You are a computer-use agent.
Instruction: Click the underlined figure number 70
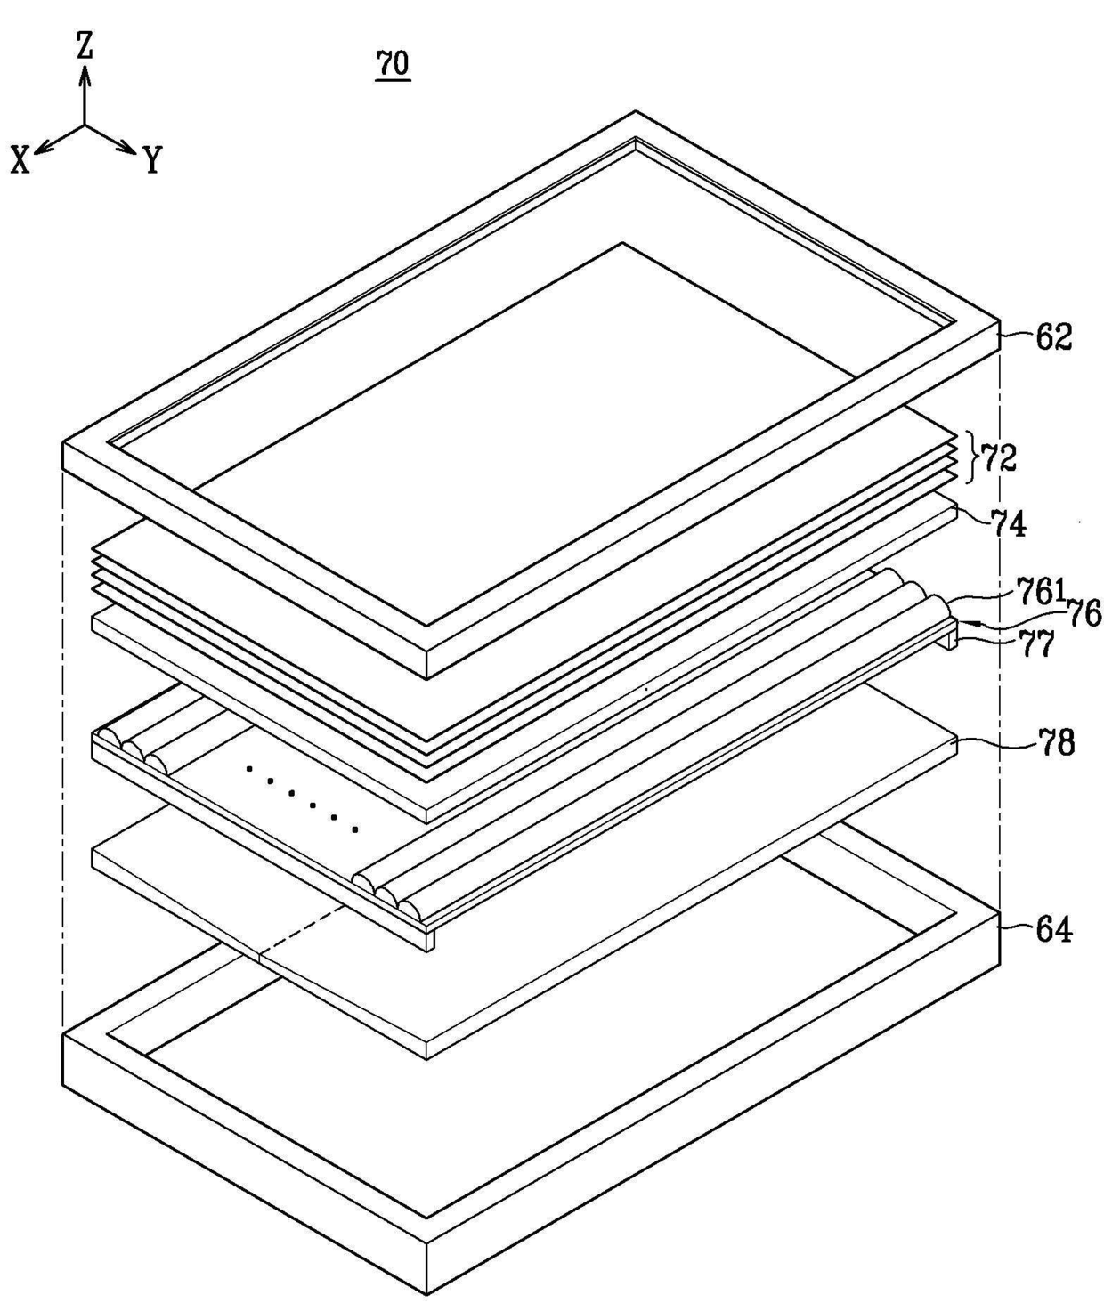[393, 64]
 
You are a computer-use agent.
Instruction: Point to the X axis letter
[20, 160]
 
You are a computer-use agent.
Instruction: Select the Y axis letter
[152, 160]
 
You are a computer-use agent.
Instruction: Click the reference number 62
[1053, 337]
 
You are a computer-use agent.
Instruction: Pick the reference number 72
[998, 458]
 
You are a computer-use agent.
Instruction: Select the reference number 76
[1084, 613]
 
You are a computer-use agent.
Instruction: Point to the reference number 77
[1037, 643]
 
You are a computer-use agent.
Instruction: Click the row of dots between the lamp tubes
[302, 797]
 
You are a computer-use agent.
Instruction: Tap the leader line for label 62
[1016, 335]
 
